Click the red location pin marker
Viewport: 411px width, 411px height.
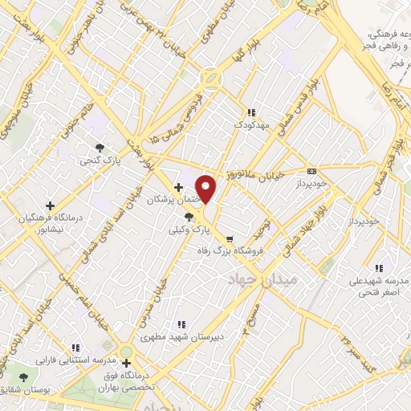pyautogui.click(x=206, y=189)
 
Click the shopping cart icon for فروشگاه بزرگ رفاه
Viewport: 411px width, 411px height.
pyautogui.click(x=230, y=238)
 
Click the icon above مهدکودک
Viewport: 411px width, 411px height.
pyautogui.click(x=251, y=113)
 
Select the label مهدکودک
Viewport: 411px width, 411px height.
pyautogui.click(x=249, y=126)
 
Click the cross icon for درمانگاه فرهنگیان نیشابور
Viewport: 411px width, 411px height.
pyautogui.click(x=51, y=205)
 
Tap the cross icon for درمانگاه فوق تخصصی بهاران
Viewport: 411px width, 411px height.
pyautogui.click(x=126, y=363)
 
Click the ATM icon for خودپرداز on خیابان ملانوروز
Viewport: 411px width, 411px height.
pyautogui.click(x=311, y=170)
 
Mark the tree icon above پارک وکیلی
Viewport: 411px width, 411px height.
pyautogui.click(x=189, y=217)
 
